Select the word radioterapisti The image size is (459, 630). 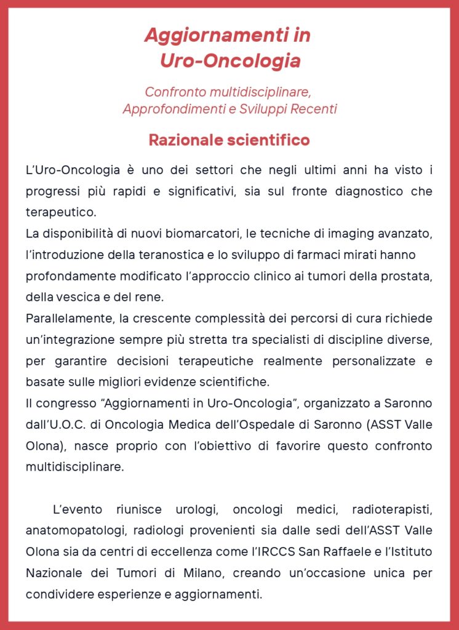[x=392, y=509]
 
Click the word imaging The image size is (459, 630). [x=345, y=234]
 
